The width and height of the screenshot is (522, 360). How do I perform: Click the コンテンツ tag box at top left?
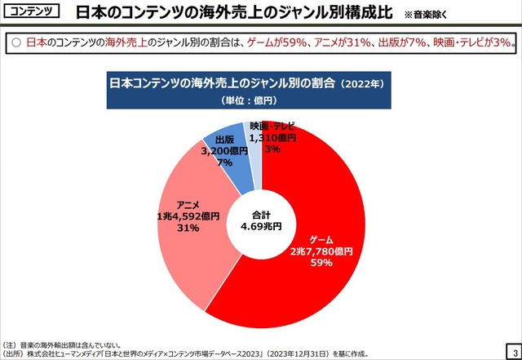tap(30, 13)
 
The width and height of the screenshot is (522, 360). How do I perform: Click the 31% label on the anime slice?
tap(188, 229)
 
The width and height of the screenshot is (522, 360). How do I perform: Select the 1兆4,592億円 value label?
tap(188, 217)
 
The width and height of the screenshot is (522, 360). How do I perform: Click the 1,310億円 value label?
tap(272, 138)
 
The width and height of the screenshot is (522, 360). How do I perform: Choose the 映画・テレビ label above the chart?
tap(272, 127)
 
